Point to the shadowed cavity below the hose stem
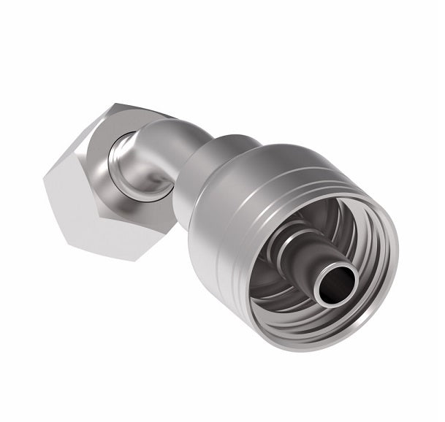(292, 307)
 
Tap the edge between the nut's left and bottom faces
(80, 226)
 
